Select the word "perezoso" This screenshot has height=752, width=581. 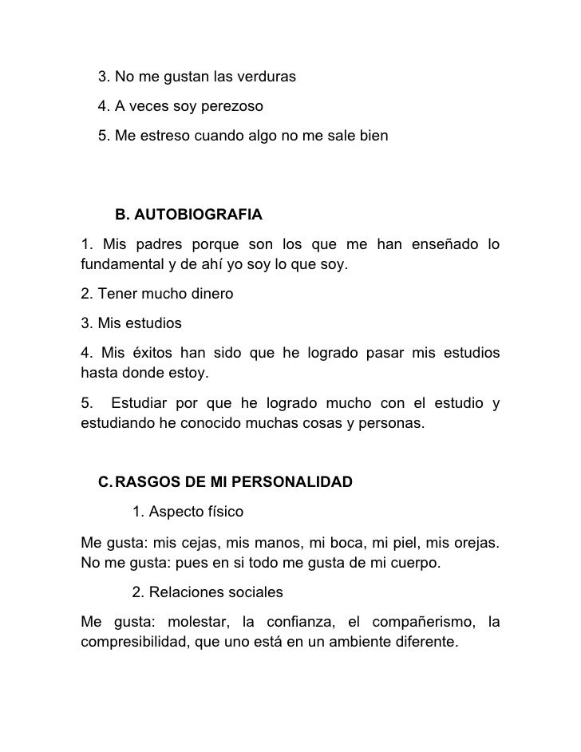[234, 106]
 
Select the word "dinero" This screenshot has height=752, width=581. [209, 294]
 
